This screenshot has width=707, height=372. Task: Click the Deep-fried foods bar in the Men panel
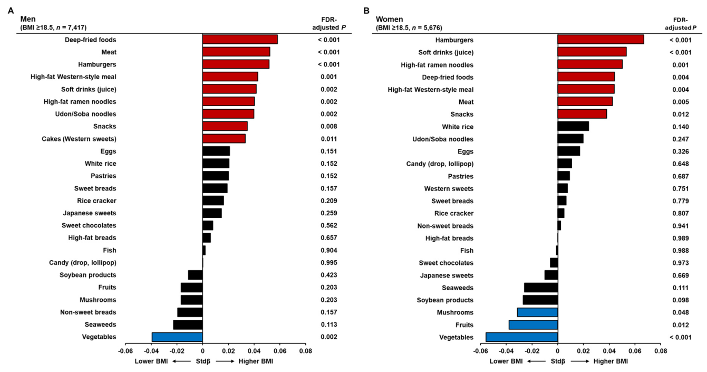(x=240, y=40)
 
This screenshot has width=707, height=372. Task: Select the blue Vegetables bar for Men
(x=177, y=337)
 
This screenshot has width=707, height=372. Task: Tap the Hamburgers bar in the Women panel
(x=601, y=40)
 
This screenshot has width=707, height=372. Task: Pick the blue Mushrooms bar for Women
(x=538, y=312)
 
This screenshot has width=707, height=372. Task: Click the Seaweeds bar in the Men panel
(x=188, y=325)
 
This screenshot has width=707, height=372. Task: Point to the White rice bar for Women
(x=573, y=126)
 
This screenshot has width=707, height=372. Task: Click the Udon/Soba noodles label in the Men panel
(x=85, y=114)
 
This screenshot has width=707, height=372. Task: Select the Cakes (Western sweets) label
(x=79, y=139)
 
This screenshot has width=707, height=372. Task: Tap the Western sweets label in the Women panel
(x=449, y=188)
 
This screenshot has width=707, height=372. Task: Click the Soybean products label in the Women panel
(x=445, y=300)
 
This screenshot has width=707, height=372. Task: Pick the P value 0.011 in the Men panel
(x=329, y=139)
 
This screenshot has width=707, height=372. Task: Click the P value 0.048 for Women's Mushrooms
(x=681, y=312)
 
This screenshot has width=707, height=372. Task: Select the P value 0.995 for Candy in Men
(x=329, y=263)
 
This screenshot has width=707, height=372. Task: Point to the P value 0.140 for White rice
(x=681, y=127)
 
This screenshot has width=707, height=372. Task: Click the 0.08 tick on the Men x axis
(x=306, y=351)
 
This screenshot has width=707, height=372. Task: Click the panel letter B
(x=366, y=11)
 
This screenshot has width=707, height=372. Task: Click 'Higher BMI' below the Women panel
(x=611, y=361)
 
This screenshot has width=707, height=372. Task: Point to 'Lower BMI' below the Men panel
(x=151, y=361)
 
